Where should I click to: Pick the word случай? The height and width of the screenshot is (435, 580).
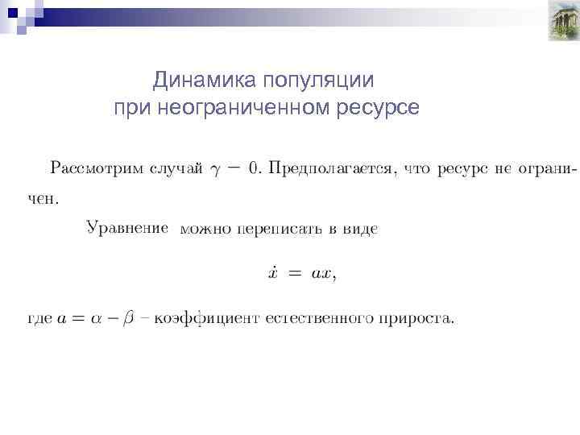pyautogui.click(x=178, y=169)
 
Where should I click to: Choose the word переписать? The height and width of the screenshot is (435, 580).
pyautogui.click(x=280, y=230)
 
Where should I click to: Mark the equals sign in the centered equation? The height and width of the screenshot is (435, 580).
pyautogui.click(x=296, y=274)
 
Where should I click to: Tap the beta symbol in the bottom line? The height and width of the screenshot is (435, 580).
pyautogui.click(x=127, y=319)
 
